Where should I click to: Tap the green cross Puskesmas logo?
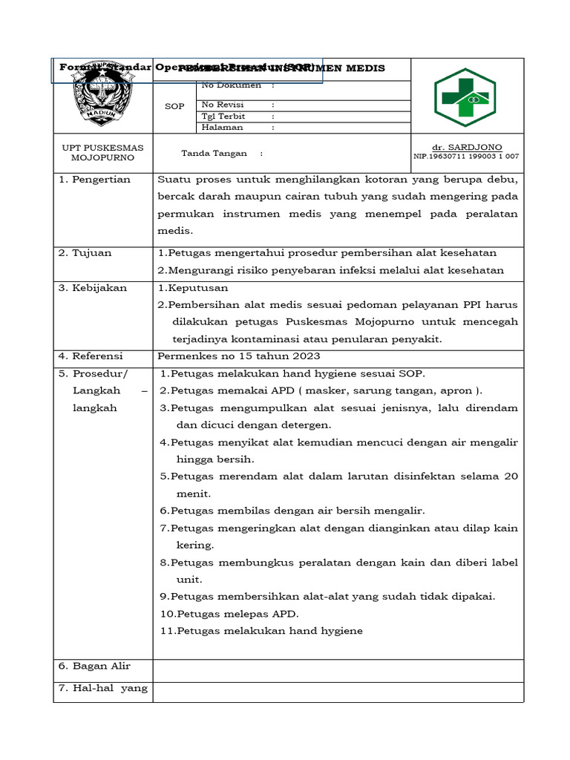coord(465,97)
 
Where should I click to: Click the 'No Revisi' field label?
coord(223,105)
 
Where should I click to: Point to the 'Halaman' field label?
coord(222,127)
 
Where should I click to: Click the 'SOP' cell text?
coord(174,106)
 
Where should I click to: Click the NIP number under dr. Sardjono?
coord(466,157)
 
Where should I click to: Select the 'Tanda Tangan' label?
coord(212,153)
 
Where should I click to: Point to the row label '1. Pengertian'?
coord(94,180)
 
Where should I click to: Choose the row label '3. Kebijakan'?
coord(93,288)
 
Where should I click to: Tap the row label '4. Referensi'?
coord(91,356)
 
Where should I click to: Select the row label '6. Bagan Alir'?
coord(94,666)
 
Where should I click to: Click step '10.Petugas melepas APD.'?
coord(229,614)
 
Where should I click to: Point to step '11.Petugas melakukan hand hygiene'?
coord(261,631)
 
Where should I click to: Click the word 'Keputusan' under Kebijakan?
coord(198,288)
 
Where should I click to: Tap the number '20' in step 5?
coord(511,476)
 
